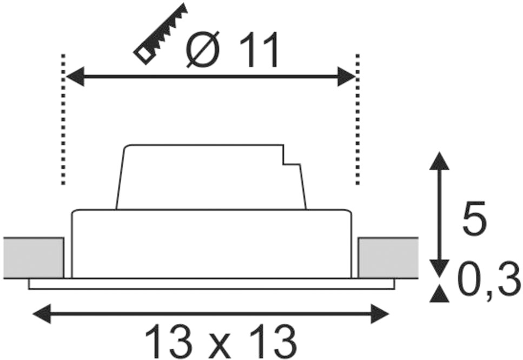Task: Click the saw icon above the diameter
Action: [x=160, y=34]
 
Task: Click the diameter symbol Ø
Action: [x=203, y=49]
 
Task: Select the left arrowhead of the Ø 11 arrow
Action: [x=75, y=76]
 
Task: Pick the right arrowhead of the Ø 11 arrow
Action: [x=346, y=76]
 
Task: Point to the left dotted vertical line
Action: [x=63, y=119]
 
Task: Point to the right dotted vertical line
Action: [x=358, y=119]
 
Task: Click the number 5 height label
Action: [x=475, y=217]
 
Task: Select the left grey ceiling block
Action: [x=34, y=258]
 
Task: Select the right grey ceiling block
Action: [x=388, y=258]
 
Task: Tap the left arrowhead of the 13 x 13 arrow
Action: [x=42, y=314]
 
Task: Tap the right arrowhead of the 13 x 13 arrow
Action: [x=380, y=314]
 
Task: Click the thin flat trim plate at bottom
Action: [x=211, y=284]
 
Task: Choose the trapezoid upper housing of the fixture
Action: [x=211, y=177]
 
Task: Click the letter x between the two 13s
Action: [x=221, y=345]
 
